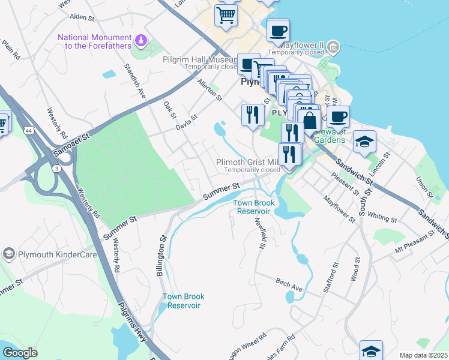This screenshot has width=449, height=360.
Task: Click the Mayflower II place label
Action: click(301, 45)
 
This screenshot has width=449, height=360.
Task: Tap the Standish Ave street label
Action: click(134, 81)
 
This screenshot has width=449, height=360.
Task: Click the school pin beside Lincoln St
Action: click(364, 142)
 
